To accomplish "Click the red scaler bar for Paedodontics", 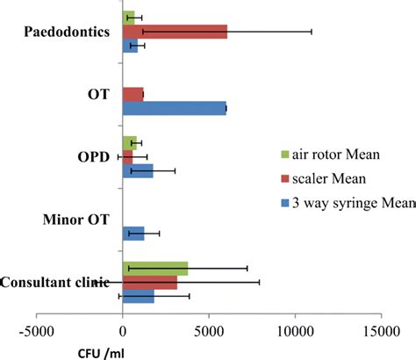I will [x=175, y=32].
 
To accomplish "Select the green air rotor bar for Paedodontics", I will [x=129, y=17].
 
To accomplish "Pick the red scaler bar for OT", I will [x=133, y=93].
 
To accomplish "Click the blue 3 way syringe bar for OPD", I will [x=138, y=170].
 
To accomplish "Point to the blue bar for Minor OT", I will [x=133, y=233].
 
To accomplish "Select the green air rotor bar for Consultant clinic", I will [x=155, y=268].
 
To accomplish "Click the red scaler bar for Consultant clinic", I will [x=150, y=283].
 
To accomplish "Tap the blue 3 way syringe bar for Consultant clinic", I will [x=139, y=298].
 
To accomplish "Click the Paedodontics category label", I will [x=68, y=32].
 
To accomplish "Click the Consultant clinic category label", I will [x=55, y=282].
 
